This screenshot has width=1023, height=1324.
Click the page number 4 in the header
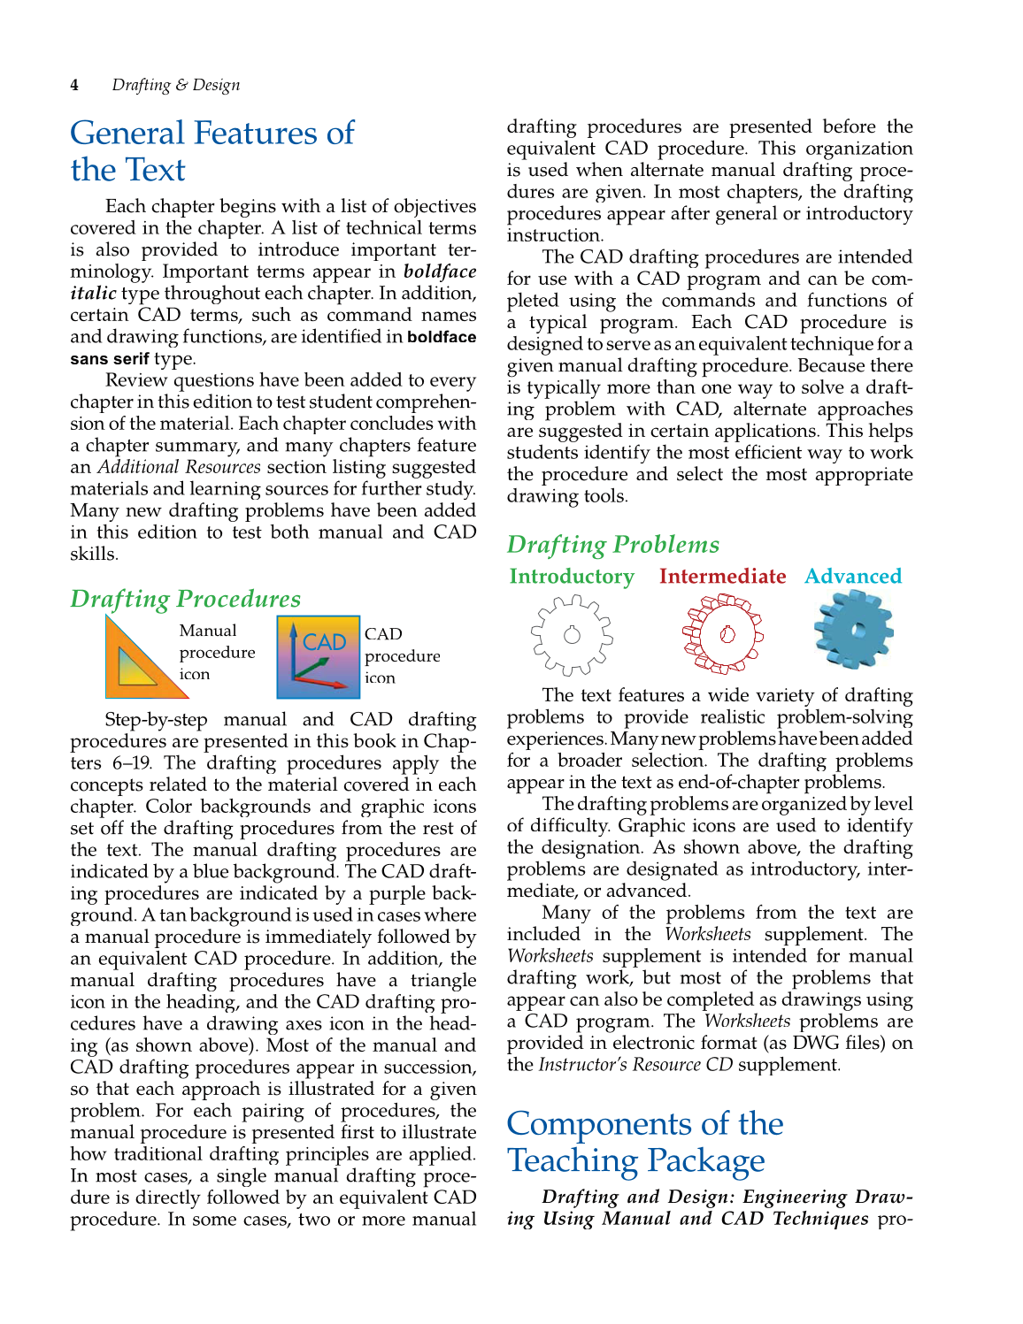point(74,85)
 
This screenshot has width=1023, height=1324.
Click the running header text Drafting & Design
point(175,85)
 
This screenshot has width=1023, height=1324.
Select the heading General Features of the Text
point(212,151)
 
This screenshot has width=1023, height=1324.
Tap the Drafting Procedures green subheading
point(185,599)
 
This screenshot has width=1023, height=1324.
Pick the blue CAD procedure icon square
point(318,657)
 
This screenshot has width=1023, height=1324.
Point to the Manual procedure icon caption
point(217,653)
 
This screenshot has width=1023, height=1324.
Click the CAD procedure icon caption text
point(402,656)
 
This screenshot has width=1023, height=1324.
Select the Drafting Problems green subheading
point(612,545)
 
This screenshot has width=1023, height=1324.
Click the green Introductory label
point(572,577)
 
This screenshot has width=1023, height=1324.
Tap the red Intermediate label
point(722,577)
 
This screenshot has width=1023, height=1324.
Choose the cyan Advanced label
point(853,577)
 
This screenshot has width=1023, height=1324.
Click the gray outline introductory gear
point(572,634)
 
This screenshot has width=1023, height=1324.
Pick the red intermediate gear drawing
point(723,634)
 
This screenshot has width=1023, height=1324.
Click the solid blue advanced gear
point(853,631)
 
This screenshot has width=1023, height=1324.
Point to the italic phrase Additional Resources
point(179,467)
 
